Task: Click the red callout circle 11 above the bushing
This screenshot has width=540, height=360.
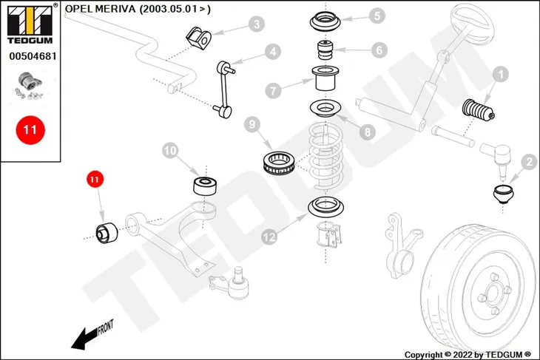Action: (95, 180)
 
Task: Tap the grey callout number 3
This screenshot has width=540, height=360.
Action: (257, 24)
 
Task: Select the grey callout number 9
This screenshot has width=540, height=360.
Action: (252, 124)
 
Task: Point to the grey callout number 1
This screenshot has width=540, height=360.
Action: (500, 75)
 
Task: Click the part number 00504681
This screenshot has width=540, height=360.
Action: (33, 56)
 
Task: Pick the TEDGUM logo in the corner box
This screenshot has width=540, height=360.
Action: (30, 24)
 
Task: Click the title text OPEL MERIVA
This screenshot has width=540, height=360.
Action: (100, 9)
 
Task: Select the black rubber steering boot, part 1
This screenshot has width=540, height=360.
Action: (479, 110)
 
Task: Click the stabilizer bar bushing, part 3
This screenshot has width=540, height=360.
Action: (199, 37)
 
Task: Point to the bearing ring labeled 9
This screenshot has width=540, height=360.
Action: (280, 163)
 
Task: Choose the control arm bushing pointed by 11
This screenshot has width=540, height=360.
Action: (107, 234)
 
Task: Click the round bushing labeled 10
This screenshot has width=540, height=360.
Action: (205, 186)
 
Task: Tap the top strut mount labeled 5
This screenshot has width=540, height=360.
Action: (325, 22)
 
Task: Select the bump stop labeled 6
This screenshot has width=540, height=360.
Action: (325, 50)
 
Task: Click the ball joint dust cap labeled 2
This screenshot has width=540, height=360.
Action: (503, 194)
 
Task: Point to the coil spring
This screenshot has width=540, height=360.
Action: (325, 157)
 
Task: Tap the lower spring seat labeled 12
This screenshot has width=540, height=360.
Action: (325, 207)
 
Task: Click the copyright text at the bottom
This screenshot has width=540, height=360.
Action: (468, 355)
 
